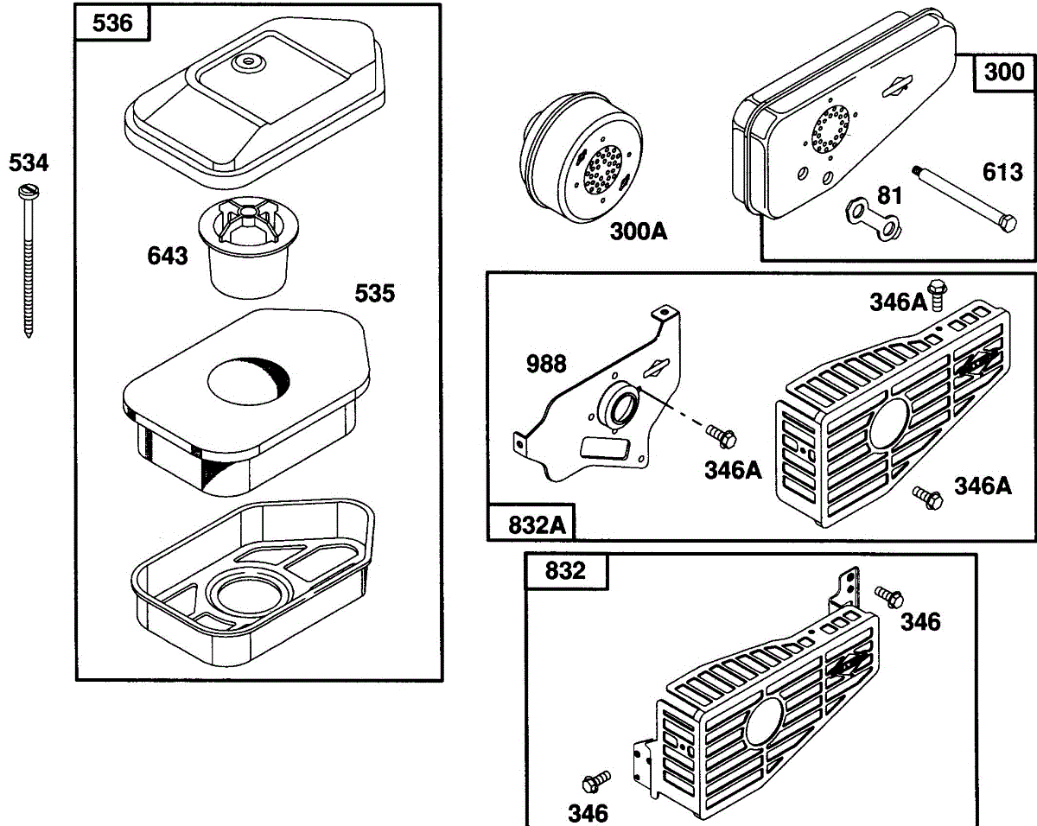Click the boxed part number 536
coord(111,22)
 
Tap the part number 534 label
coord(29,162)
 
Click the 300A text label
coord(639,232)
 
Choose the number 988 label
coord(546,364)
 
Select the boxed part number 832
coord(565,571)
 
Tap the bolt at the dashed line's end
coord(720,434)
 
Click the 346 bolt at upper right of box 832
coord(889,596)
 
